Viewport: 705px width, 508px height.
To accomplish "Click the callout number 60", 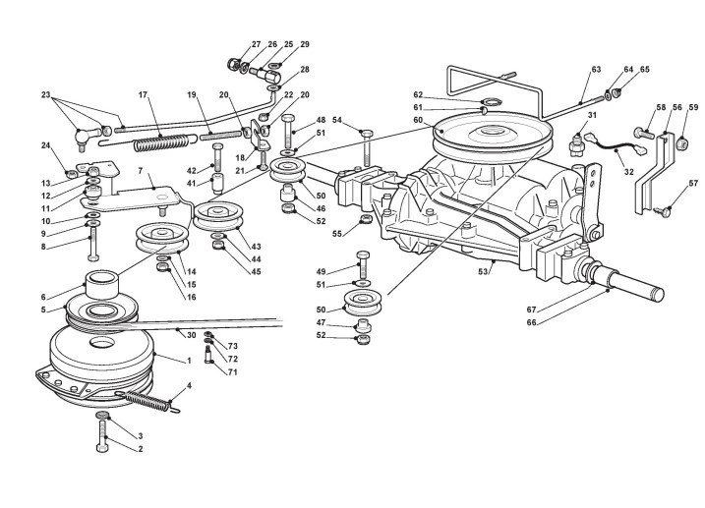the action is tap(418, 120).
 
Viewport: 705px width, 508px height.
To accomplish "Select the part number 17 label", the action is tap(143, 94).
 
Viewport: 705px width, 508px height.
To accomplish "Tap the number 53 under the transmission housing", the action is tap(483, 272).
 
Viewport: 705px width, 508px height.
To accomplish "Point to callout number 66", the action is tap(531, 322).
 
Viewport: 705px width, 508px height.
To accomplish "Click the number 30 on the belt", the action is tap(192, 335).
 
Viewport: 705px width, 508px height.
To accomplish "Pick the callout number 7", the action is tap(141, 171).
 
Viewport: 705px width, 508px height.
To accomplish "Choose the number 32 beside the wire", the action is tap(628, 172).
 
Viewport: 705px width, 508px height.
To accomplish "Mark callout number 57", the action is tap(693, 184).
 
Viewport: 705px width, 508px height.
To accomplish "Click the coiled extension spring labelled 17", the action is tap(160, 143).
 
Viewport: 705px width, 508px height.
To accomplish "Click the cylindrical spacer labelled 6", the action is tap(102, 284).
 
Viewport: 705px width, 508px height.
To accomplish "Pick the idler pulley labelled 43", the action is tap(218, 216).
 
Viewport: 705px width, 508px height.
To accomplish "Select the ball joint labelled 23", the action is tap(88, 136).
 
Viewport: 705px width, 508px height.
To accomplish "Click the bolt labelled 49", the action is tap(363, 266).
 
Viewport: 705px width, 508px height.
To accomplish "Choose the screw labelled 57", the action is tap(663, 210).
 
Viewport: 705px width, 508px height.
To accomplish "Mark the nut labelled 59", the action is tap(682, 142).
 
